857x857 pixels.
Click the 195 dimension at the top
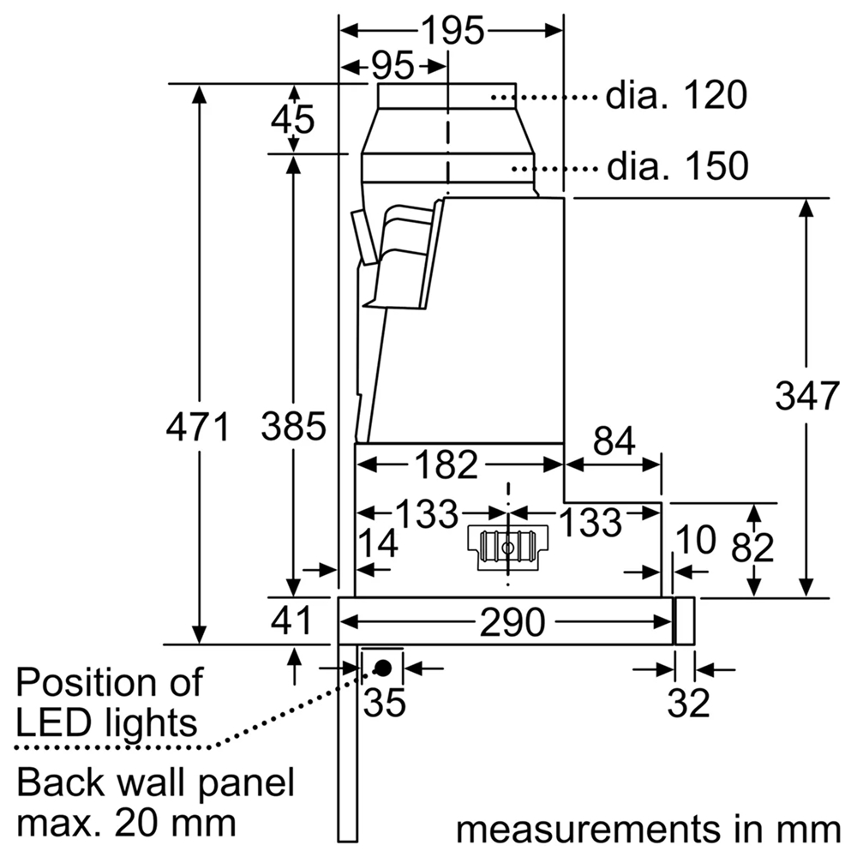click(452, 31)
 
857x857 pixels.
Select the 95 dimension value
click(393, 65)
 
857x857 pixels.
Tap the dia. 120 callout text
click(677, 96)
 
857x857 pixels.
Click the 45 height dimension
click(292, 119)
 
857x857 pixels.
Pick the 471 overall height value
click(198, 426)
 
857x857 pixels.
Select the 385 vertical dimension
click(293, 426)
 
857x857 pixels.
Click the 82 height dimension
click(752, 548)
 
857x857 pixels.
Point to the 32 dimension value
click(689, 703)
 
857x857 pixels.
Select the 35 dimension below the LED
click(384, 703)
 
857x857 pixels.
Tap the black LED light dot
click(383, 667)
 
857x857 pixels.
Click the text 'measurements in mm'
click(648, 829)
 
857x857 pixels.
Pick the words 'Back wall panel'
click(155, 783)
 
